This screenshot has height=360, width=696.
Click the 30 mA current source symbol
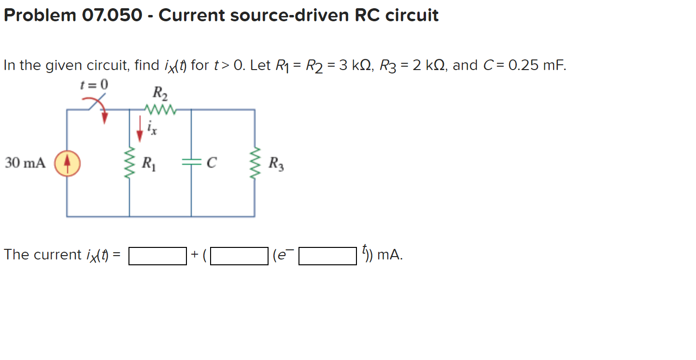pyautogui.click(x=67, y=163)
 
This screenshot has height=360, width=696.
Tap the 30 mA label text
pyautogui.click(x=25, y=163)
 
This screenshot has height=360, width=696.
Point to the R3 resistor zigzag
pyautogui.click(x=255, y=163)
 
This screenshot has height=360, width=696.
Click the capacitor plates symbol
pyautogui.click(x=191, y=163)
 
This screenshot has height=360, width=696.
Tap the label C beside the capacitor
pyautogui.click(x=211, y=163)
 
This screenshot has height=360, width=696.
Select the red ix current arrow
pyautogui.click(x=140, y=129)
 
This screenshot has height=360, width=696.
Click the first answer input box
pyautogui.click(x=157, y=256)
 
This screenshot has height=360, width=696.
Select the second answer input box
pyautogui.click(x=239, y=256)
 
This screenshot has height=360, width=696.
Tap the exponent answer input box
pyautogui.click(x=328, y=256)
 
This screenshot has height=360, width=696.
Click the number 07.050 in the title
pyautogui.click(x=113, y=15)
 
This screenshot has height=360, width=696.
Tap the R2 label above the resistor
pyautogui.click(x=160, y=92)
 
